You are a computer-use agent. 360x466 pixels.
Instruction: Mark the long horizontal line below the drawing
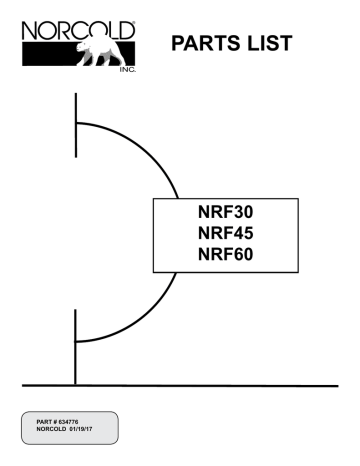pos(200,384)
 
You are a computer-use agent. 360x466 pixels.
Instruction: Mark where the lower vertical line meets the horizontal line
pos(76,384)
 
